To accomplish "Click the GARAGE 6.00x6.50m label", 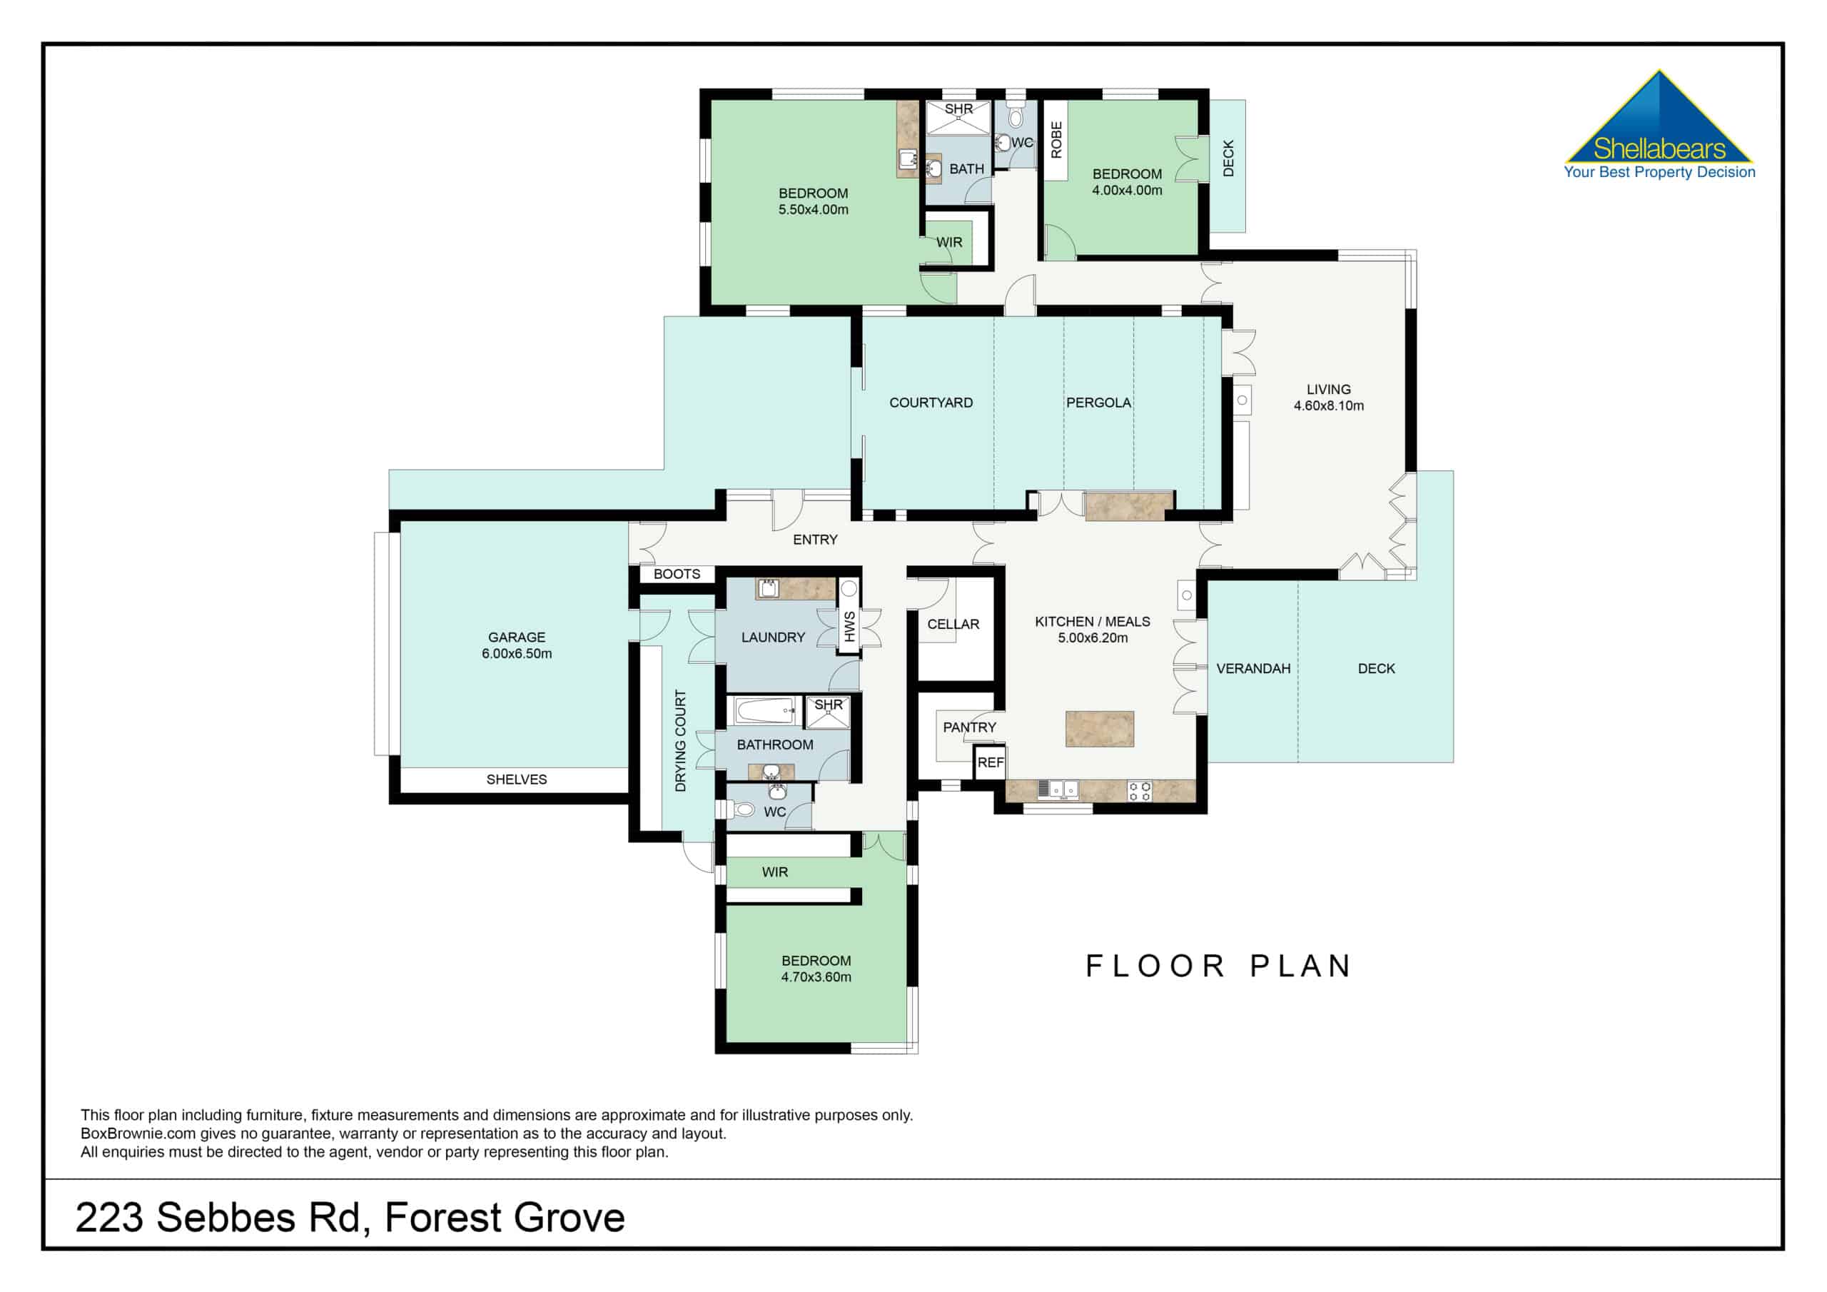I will [x=517, y=645].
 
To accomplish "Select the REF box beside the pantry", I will [x=990, y=762].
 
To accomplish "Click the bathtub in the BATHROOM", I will [x=764, y=711].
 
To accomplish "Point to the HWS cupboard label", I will [x=849, y=627].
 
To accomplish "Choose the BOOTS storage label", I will [x=677, y=574].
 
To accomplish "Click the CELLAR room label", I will [x=953, y=624].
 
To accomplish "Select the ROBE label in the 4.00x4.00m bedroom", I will [x=1056, y=140].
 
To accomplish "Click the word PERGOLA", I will [x=1098, y=403].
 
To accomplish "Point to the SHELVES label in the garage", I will [x=517, y=779].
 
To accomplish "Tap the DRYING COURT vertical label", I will [x=680, y=740].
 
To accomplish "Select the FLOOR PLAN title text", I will [x=1218, y=967].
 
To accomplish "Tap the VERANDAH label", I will [x=1252, y=669].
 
